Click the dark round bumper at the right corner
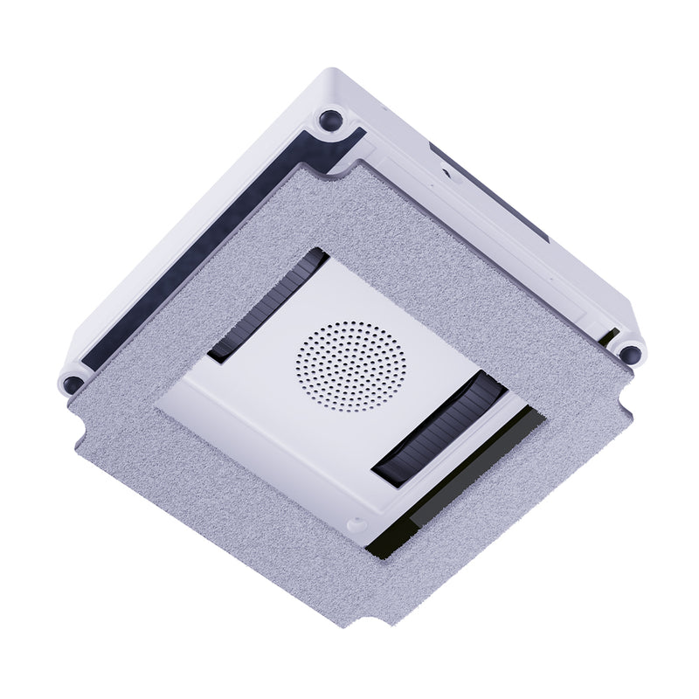coord(629,353)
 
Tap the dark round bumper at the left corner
coord(73,383)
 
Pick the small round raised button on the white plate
coord(354,525)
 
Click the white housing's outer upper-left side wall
coord(175,218)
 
